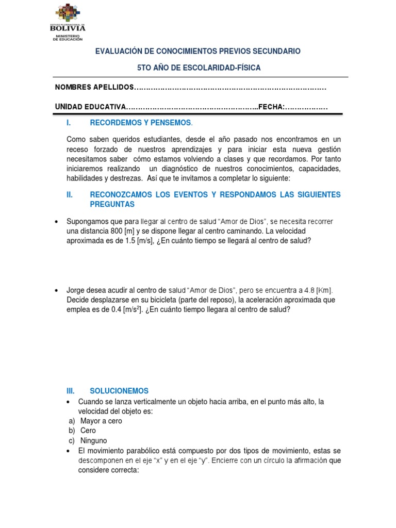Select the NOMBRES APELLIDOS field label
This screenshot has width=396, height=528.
(x=94, y=87)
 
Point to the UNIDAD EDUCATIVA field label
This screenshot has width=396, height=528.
(x=91, y=107)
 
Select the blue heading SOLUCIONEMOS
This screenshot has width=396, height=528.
(x=119, y=391)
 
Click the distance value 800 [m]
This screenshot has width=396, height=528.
(x=135, y=231)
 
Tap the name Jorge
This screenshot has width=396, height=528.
(x=77, y=290)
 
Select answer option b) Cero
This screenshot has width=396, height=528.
(x=82, y=431)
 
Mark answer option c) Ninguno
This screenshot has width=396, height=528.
(x=88, y=440)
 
